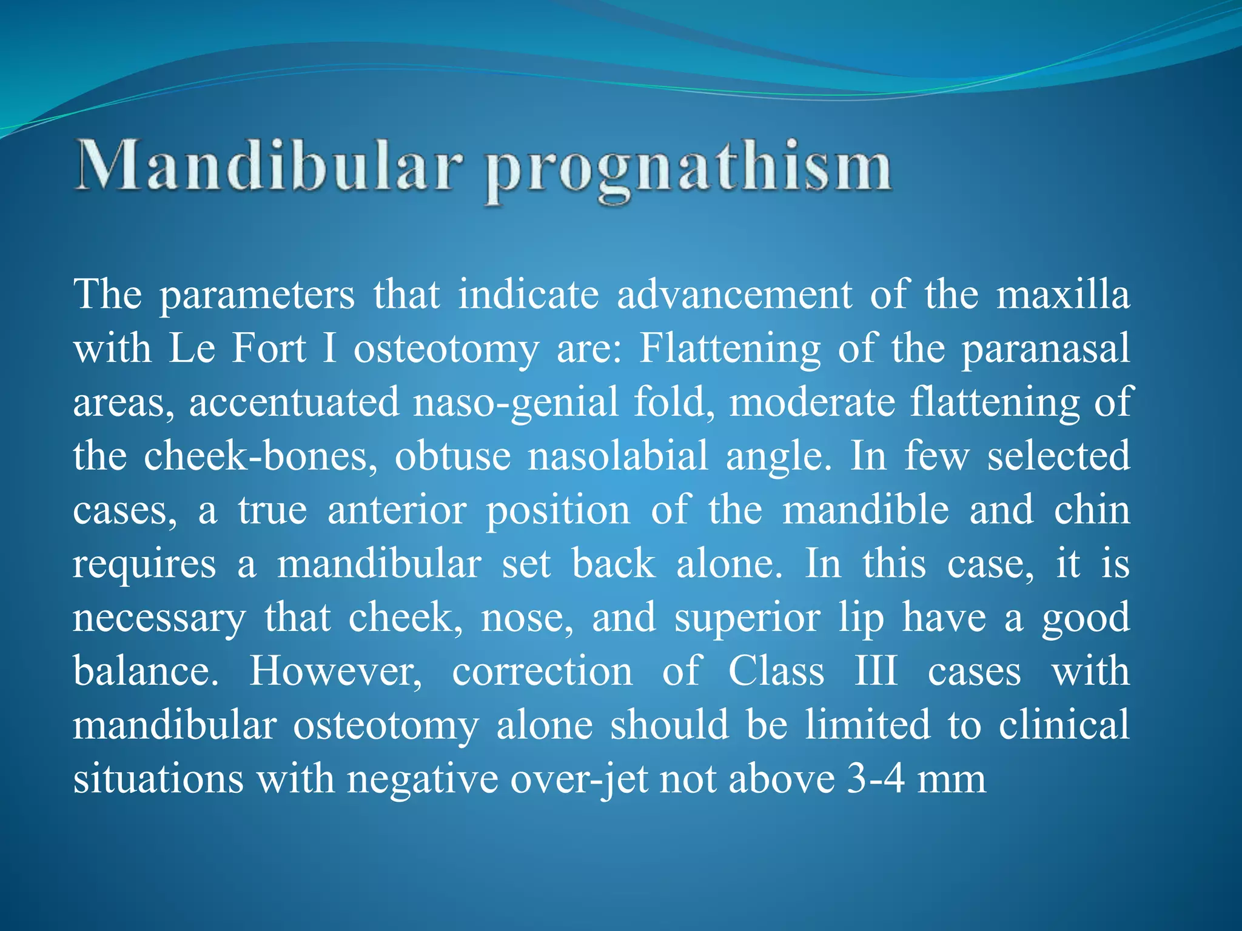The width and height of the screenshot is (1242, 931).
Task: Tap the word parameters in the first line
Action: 257,295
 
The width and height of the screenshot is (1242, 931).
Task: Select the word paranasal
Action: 1046,349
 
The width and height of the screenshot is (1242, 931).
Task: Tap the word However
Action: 336,671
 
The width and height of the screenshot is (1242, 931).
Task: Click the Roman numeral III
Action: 876,671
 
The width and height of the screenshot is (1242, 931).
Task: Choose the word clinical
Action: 1064,724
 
